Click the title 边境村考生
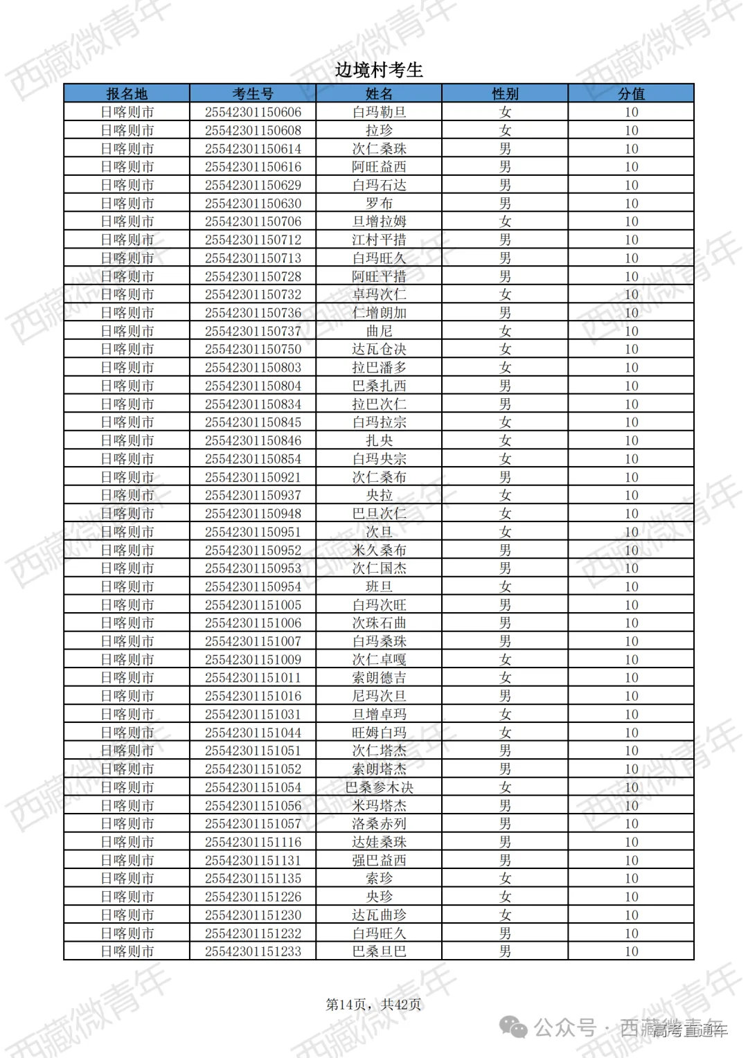pyautogui.click(x=378, y=70)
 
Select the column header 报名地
pyautogui.click(x=127, y=93)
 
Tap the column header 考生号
pyautogui.click(x=253, y=93)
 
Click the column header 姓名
pyautogui.click(x=379, y=93)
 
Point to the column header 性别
pyautogui.click(x=505, y=93)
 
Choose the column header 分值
pyautogui.click(x=631, y=93)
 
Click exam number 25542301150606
pyautogui.click(x=253, y=112)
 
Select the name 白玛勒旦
pyautogui.click(x=379, y=112)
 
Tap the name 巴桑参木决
pyautogui.click(x=379, y=787)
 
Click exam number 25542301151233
pyautogui.click(x=253, y=951)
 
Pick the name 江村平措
pyautogui.click(x=379, y=240)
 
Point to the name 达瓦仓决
pyautogui.click(x=379, y=349)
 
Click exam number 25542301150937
pyautogui.click(x=253, y=495)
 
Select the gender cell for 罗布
pyautogui.click(x=505, y=204)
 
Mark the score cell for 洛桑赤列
pyautogui.click(x=631, y=824)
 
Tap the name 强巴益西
pyautogui.click(x=379, y=860)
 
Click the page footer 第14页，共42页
pyautogui.click(x=373, y=1004)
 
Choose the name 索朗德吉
pyautogui.click(x=379, y=678)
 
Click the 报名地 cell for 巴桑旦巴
pyautogui.click(x=127, y=951)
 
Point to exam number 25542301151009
pyautogui.click(x=253, y=660)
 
